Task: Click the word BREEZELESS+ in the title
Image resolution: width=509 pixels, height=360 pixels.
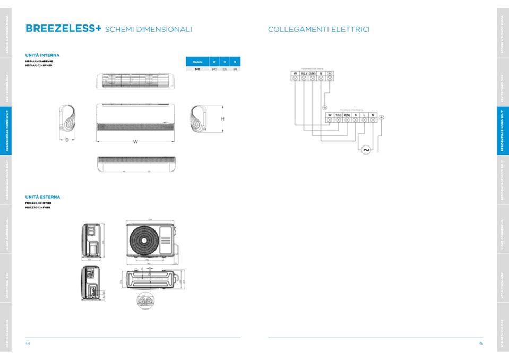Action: [x=63, y=29]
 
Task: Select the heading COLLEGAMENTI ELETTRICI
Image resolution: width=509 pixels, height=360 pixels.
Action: [x=318, y=29]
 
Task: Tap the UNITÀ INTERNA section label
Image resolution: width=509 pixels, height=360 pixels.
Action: [x=42, y=55]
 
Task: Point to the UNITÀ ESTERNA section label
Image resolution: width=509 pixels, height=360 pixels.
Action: [x=42, y=197]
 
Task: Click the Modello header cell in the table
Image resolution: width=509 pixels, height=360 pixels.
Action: [x=196, y=62]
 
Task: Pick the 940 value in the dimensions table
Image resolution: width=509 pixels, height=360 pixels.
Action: [x=214, y=70]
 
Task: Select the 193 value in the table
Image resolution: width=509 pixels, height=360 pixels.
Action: [x=235, y=70]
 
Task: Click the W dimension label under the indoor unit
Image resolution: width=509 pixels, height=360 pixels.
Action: [x=135, y=142]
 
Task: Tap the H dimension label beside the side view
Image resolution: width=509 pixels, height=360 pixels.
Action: [x=222, y=119]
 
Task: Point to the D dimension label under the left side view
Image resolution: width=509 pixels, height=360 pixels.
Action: [x=67, y=140]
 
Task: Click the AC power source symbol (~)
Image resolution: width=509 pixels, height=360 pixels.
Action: [x=366, y=150]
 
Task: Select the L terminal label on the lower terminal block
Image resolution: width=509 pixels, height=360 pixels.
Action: [x=364, y=115]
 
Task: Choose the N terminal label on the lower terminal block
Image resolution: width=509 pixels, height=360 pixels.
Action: [x=373, y=115]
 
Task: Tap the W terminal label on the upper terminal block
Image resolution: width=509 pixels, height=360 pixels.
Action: [x=295, y=73]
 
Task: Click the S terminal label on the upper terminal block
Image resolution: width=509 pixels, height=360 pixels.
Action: [x=321, y=73]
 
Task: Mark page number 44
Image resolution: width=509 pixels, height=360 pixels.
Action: [x=28, y=344]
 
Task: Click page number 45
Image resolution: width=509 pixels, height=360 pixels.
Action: [x=481, y=344]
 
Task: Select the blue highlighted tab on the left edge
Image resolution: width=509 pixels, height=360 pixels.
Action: [x=6, y=130]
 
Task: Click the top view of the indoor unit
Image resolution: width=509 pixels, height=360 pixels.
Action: [x=135, y=81]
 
